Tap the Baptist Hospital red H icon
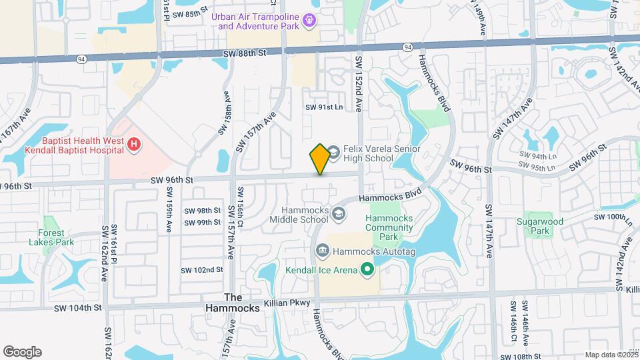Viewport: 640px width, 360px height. (134, 144)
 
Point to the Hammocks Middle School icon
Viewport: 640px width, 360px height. (339, 214)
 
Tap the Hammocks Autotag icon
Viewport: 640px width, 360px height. (323, 250)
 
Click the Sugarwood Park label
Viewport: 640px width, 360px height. (540, 226)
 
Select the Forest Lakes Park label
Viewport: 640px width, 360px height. (51, 238)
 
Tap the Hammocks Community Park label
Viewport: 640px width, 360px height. (391, 227)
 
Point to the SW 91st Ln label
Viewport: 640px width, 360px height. (324, 107)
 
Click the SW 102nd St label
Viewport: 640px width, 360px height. (201, 270)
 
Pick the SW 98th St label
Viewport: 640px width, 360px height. (202, 210)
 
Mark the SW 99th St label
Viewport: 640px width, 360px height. (202, 222)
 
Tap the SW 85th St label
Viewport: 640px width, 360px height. (191, 13)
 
